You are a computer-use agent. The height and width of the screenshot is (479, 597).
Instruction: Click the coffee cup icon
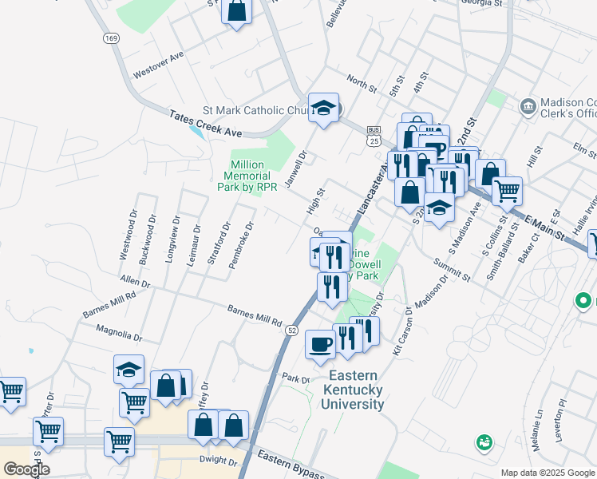320,344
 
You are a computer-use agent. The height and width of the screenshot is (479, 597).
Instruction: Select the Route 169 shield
109,38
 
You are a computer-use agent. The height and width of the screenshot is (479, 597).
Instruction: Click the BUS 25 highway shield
374,136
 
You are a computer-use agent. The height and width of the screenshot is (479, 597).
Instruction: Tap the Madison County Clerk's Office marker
528,107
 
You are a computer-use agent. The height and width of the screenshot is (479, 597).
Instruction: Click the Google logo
26,469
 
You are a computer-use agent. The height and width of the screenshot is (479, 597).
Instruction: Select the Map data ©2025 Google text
547,473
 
